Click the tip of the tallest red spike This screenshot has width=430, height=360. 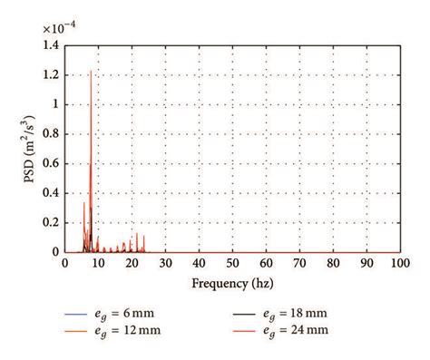(91, 71)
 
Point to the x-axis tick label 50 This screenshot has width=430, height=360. (232, 264)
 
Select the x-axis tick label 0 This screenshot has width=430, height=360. (64, 264)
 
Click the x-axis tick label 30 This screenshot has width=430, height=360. (165, 264)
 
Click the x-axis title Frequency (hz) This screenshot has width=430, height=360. (232, 281)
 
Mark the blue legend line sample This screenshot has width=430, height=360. (80, 314)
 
